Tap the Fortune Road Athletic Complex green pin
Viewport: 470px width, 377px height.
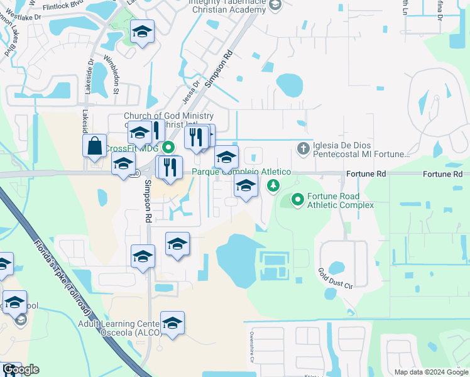(x=297, y=200)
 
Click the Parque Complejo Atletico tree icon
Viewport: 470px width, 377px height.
(x=273, y=185)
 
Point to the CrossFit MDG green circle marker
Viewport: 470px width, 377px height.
(x=168, y=148)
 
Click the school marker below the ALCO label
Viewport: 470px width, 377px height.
(x=172, y=323)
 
